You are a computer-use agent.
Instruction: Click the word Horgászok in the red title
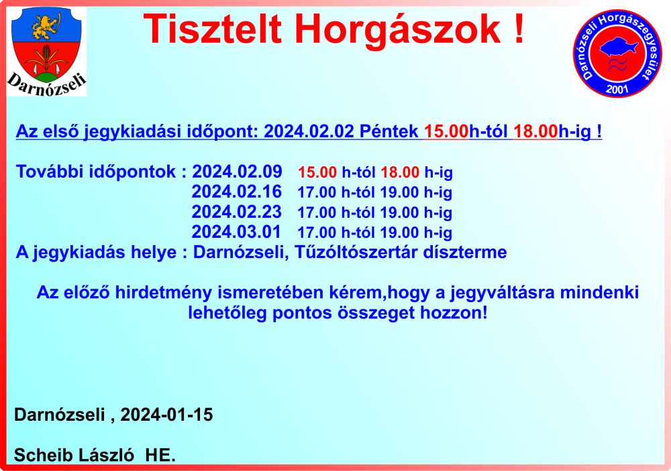[398, 29]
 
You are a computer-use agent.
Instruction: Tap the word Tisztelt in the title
[212, 29]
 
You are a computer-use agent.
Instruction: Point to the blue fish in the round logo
[619, 47]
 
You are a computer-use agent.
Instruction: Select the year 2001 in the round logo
[617, 89]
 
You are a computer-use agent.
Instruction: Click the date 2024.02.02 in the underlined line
[309, 131]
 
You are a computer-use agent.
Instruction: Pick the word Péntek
[389, 131]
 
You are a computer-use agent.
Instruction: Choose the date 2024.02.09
[237, 172]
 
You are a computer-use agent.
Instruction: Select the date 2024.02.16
[237, 192]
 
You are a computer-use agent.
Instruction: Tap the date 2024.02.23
[237, 212]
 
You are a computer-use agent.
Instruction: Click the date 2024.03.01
[236, 232]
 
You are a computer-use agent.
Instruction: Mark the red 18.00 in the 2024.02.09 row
[400, 172]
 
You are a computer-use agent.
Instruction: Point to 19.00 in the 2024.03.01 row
[400, 232]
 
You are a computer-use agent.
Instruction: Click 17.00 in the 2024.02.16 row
[317, 192]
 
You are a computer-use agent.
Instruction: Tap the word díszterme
[465, 252]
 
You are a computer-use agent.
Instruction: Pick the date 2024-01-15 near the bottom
[167, 415]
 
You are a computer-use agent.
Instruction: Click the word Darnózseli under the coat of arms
[46, 84]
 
